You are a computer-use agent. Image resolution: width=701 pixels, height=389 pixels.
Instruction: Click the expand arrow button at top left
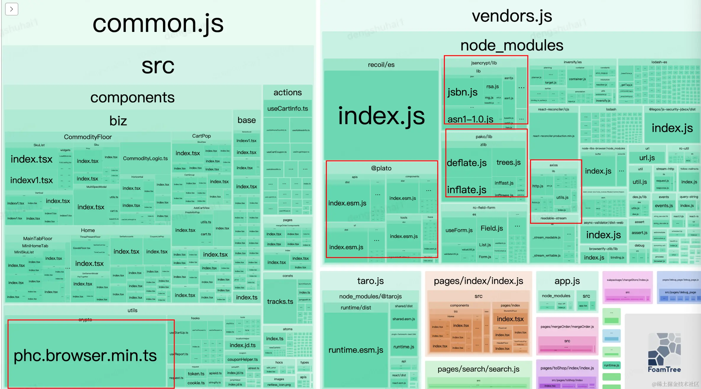(12, 9)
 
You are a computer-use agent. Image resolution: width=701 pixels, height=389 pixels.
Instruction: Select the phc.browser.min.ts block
(85, 355)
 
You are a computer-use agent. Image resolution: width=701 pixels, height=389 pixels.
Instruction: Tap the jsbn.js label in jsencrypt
(462, 92)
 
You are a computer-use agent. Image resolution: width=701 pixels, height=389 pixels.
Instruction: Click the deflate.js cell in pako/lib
(466, 163)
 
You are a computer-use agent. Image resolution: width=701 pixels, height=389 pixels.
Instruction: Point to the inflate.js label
(466, 190)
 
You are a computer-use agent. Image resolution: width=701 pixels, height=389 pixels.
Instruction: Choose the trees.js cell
(508, 162)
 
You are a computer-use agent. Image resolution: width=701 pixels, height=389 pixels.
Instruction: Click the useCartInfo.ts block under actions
(287, 108)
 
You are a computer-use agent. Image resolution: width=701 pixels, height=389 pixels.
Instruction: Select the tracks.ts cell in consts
(280, 302)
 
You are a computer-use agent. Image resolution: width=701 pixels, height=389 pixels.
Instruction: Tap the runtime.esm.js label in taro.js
(356, 350)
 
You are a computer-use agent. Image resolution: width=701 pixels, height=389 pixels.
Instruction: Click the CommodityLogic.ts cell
(145, 158)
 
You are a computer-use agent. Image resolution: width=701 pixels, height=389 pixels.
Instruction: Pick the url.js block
(647, 158)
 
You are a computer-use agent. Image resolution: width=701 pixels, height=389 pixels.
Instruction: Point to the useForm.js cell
(459, 230)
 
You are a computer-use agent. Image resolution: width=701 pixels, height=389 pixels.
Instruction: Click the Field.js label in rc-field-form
(492, 228)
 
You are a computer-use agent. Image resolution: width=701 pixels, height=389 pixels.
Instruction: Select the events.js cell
(664, 206)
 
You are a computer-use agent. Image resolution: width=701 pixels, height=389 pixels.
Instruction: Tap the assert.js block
(639, 233)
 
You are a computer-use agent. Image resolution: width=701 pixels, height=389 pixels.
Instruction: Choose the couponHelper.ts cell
(242, 359)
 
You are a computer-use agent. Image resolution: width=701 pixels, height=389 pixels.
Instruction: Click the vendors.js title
(512, 16)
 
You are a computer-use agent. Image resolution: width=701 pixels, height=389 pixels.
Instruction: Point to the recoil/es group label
(381, 65)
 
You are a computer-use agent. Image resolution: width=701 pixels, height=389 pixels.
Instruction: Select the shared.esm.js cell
(403, 319)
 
